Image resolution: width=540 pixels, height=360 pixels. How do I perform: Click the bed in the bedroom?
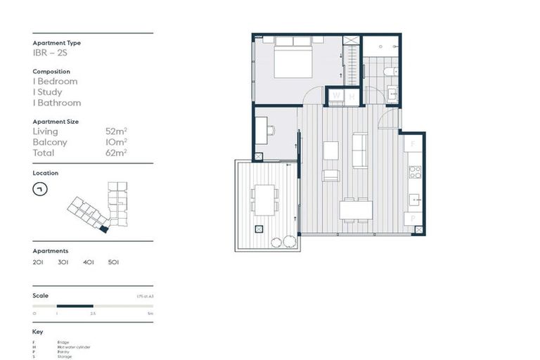[292, 58]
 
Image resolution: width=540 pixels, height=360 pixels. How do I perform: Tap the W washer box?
[336, 96]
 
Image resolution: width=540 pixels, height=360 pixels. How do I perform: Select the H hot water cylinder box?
[351, 96]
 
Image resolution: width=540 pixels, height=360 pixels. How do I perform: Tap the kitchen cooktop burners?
[415, 172]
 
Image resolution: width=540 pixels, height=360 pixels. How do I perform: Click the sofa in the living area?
[359, 150]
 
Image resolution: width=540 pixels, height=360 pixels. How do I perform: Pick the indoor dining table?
[356, 210]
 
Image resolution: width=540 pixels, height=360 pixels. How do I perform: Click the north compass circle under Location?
[40, 189]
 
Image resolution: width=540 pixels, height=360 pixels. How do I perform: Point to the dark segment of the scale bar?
[75, 306]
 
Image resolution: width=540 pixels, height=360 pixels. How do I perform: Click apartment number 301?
[63, 262]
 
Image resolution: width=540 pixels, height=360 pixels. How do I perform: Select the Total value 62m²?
[116, 153]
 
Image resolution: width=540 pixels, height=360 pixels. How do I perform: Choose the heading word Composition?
[51, 72]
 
